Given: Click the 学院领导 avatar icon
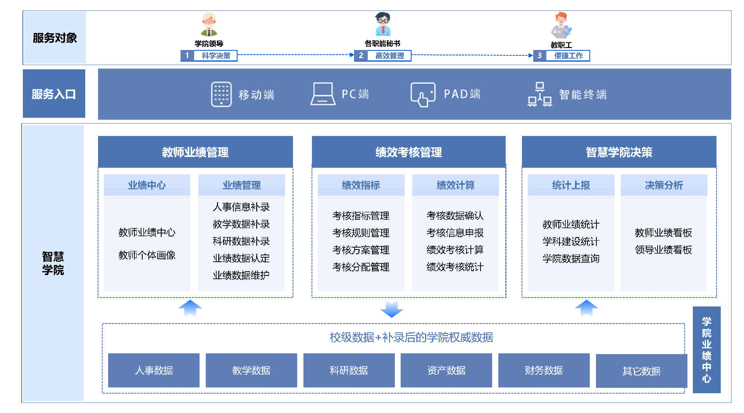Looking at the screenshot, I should point(209,24).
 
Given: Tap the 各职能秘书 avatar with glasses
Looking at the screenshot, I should point(383,24).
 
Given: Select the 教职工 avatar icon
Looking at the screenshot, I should point(561,26).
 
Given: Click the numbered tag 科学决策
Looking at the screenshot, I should point(209,56).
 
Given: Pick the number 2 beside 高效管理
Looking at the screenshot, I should point(361,56).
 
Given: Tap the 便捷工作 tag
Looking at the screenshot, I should point(568,56).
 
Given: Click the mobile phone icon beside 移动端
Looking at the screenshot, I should point(221,94).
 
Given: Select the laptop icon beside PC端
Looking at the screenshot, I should point(323,94).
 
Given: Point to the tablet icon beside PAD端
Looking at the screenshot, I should point(423,94).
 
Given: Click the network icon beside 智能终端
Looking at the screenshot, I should point(539,94).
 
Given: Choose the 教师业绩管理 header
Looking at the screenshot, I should point(195,152).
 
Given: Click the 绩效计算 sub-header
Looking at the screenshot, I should point(455,185).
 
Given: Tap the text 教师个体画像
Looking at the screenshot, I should point(147,255).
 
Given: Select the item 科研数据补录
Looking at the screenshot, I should point(241,241).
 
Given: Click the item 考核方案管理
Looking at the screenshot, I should point(361,250).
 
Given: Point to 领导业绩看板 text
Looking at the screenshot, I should point(663,250).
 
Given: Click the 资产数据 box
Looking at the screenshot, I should point(446,370).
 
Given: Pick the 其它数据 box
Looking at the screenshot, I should point(641,371).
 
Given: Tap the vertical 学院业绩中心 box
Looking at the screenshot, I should point(706,350).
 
